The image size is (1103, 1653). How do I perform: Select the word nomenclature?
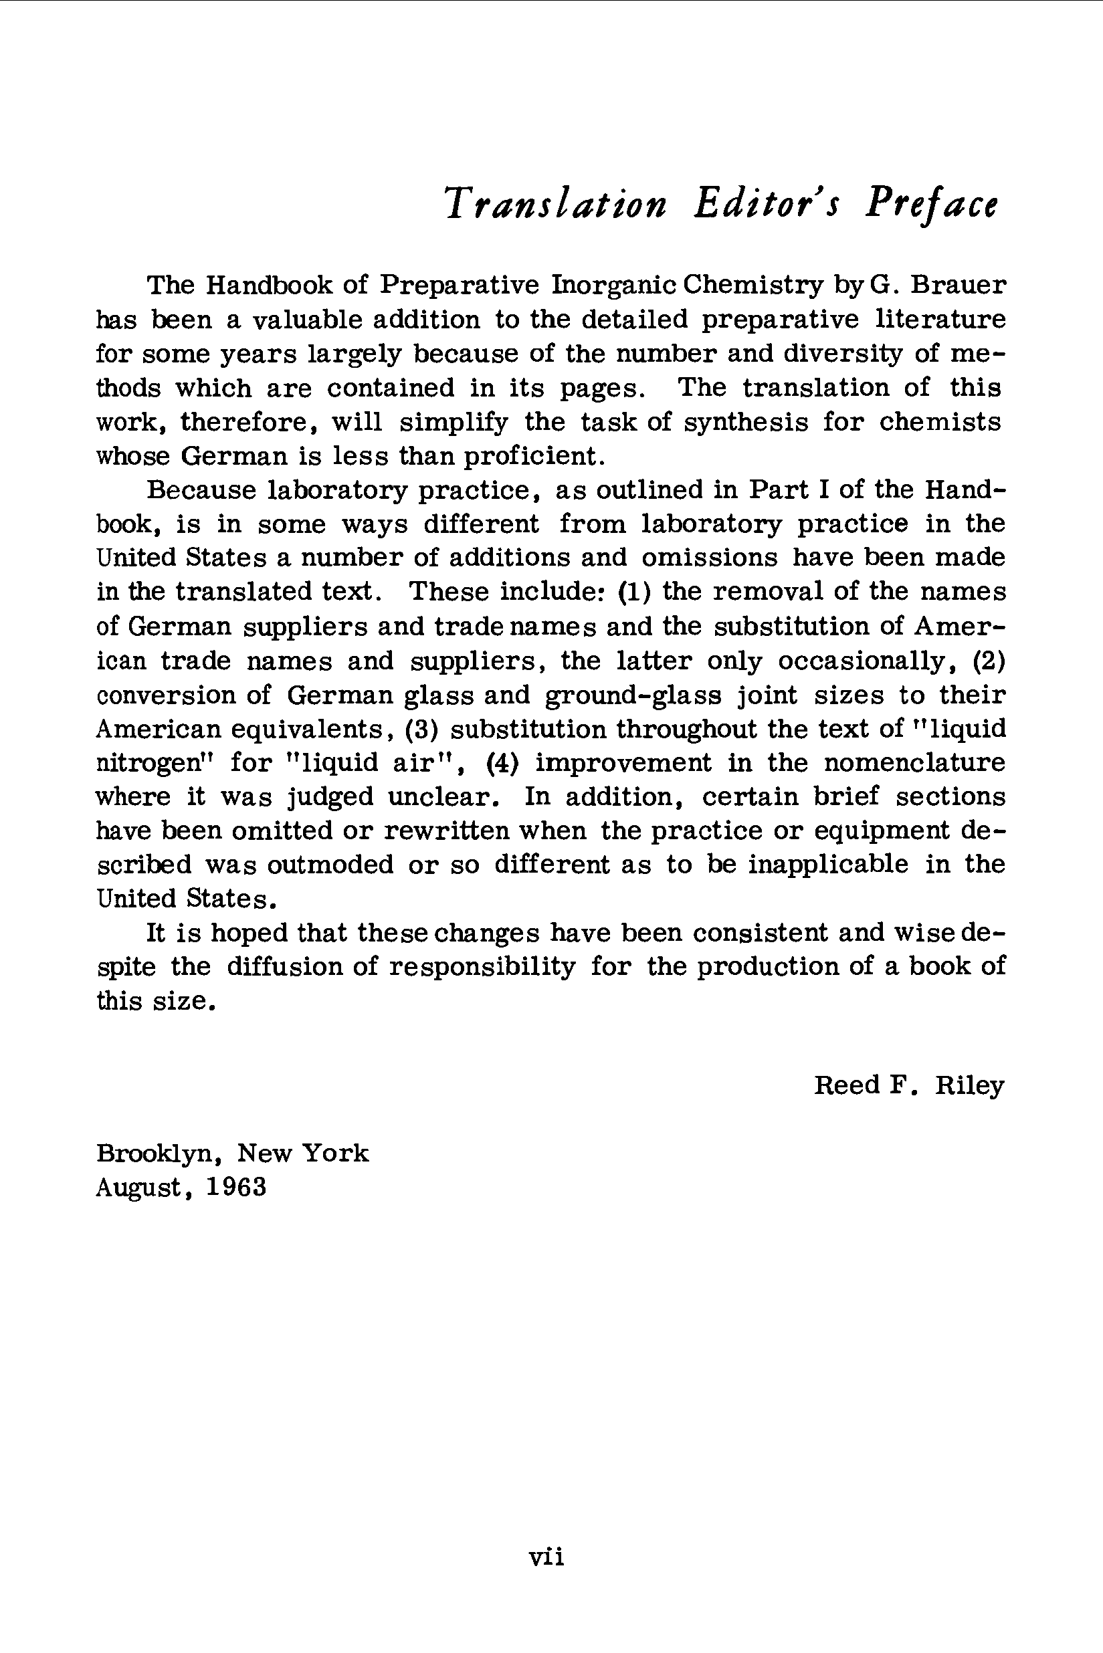point(914,762)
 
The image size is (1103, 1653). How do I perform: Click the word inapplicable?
point(828,864)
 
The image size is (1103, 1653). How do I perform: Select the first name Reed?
point(847,1085)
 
